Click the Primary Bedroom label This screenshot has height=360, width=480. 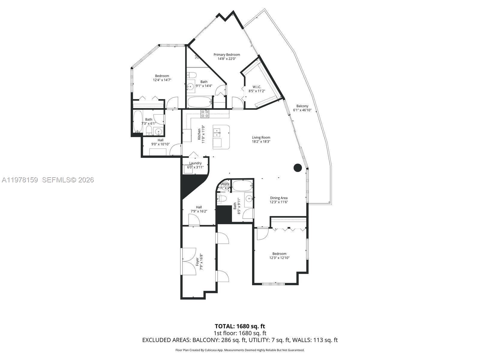(226, 55)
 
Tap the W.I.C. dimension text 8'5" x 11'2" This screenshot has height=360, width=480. (256, 91)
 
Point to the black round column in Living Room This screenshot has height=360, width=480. (297, 168)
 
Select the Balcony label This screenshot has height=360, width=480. (302, 106)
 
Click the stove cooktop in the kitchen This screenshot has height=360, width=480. (205, 114)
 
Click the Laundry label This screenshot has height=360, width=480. (195, 163)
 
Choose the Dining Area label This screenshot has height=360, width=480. (279, 198)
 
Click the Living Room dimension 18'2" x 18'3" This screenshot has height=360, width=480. (261, 141)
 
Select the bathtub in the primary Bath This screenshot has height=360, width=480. (199, 102)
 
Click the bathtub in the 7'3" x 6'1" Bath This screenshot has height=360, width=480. (138, 121)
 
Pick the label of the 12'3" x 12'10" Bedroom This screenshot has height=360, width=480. (279, 253)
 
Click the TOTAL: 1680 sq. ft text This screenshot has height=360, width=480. (240, 326)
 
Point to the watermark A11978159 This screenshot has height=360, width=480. (20, 180)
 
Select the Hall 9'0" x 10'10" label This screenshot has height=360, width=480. (160, 140)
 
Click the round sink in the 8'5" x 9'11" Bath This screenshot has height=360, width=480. (249, 198)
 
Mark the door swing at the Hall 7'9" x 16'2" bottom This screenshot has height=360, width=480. (194, 221)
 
